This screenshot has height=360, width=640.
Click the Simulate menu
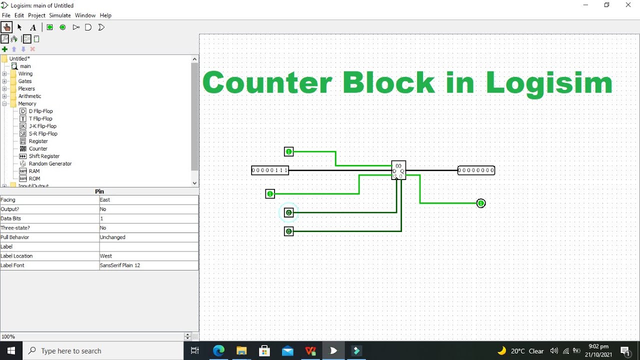[x=59, y=15]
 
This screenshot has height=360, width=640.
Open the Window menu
[x=85, y=15]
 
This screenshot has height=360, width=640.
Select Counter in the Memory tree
[x=38, y=148]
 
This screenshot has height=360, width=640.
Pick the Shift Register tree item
[x=44, y=156]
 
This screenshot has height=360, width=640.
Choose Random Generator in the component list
[x=50, y=163]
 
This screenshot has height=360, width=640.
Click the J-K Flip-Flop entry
[x=43, y=126]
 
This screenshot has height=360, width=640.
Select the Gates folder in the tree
[x=25, y=81]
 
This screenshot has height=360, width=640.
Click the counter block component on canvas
[x=398, y=170]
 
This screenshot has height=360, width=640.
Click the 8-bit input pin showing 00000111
[x=270, y=170]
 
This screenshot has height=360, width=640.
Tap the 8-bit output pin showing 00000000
[x=476, y=170]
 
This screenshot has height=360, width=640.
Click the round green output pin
[x=481, y=203]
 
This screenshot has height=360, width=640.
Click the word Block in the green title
[x=389, y=82]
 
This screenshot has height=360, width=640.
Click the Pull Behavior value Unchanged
[x=112, y=237]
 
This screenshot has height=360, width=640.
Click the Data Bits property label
[x=11, y=218]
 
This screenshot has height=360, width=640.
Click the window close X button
[x=628, y=5]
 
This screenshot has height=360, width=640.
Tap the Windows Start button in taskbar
[x=11, y=350]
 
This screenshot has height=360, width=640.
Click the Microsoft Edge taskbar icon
[x=218, y=350]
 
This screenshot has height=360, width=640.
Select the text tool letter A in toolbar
[x=33, y=27]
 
